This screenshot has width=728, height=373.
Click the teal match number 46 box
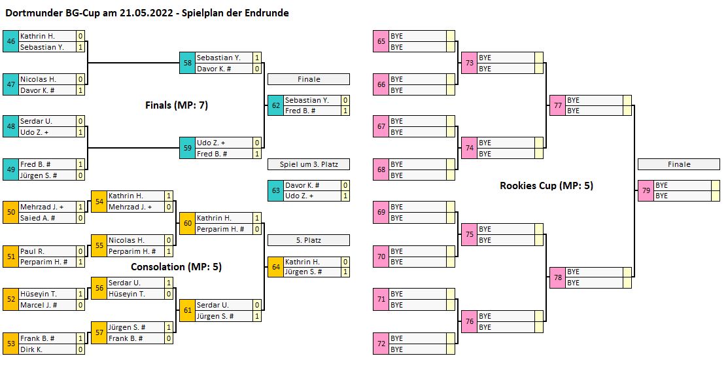(10, 41)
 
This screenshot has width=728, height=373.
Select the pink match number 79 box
(646, 190)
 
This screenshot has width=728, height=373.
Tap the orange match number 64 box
(275, 266)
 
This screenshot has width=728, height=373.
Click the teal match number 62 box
(275, 105)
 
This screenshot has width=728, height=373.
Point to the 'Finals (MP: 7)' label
(177, 105)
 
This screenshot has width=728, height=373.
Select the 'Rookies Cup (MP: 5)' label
(546, 186)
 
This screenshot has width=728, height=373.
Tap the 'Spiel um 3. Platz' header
(309, 164)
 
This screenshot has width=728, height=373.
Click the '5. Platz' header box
(309, 240)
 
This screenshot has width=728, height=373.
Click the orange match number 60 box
(187, 223)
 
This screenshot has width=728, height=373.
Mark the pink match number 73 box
(469, 63)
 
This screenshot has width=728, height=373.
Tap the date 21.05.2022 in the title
(143, 12)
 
